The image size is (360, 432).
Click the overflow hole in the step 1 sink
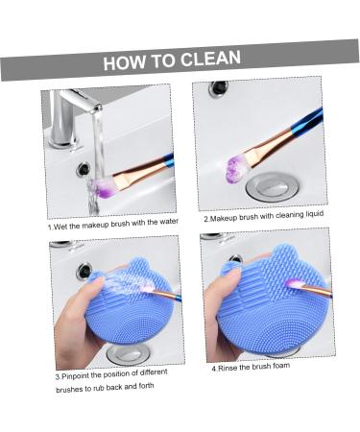(84, 169)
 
